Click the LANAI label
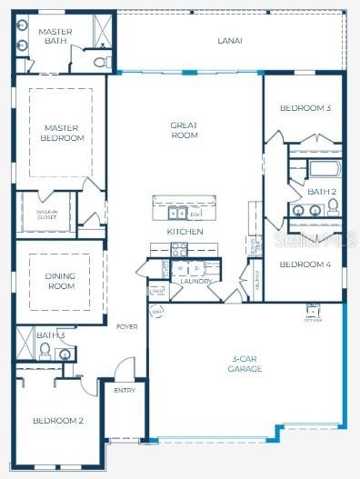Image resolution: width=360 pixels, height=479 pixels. coord(229,41)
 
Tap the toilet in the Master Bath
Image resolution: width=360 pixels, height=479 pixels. coord(101,62)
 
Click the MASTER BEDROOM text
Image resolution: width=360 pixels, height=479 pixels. coord(62,134)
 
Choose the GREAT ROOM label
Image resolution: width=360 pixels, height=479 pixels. coord(185,130)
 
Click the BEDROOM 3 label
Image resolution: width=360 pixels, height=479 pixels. coord(305,108)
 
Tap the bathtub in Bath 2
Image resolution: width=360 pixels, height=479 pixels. coord(322,168)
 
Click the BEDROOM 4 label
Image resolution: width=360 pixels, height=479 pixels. coord(305,264)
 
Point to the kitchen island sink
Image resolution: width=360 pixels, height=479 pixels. coord(175,214)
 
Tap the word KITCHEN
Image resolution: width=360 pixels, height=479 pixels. coord(185,232)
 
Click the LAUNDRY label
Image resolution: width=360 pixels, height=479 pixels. coord(195,281)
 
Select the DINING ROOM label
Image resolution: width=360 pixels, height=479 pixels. coord(60,281)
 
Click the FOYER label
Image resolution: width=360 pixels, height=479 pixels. coord(126,326)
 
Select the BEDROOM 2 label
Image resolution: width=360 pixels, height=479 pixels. coord(58,421)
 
